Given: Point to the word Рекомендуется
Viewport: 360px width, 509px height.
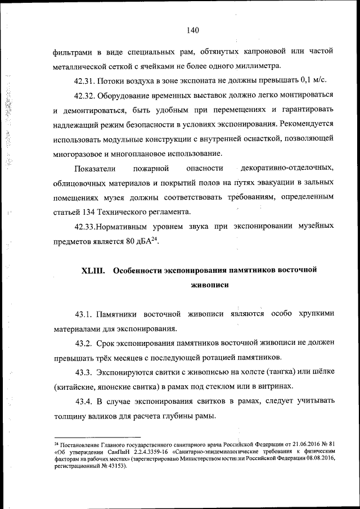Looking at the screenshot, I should [x=307, y=123].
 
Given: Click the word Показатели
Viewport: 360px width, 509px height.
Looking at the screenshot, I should [x=94, y=168].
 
